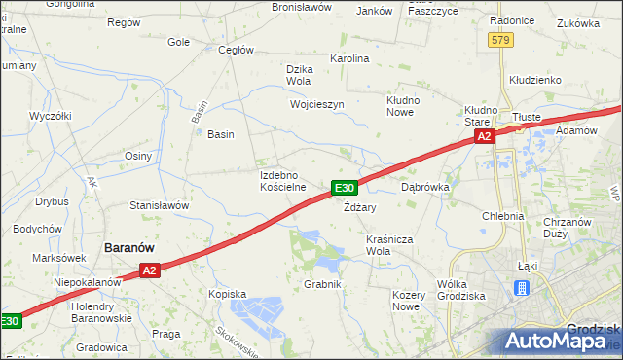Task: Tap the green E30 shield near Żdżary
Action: tap(345, 187)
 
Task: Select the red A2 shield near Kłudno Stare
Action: tap(485, 138)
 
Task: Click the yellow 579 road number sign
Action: tap(501, 40)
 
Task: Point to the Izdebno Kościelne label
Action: tap(283, 180)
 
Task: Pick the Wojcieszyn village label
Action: tap(317, 103)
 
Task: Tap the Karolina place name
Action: tap(350, 58)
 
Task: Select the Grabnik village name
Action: tap(322, 284)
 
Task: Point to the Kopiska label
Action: tap(227, 292)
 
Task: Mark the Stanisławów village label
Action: tap(159, 205)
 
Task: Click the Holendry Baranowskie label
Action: tap(101, 311)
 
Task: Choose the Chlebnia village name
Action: tap(503, 216)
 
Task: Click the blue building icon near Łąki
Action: tap(522, 288)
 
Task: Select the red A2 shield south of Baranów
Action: tap(148, 270)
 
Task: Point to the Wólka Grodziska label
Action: tap(462, 289)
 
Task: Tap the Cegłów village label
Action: tap(237, 50)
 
